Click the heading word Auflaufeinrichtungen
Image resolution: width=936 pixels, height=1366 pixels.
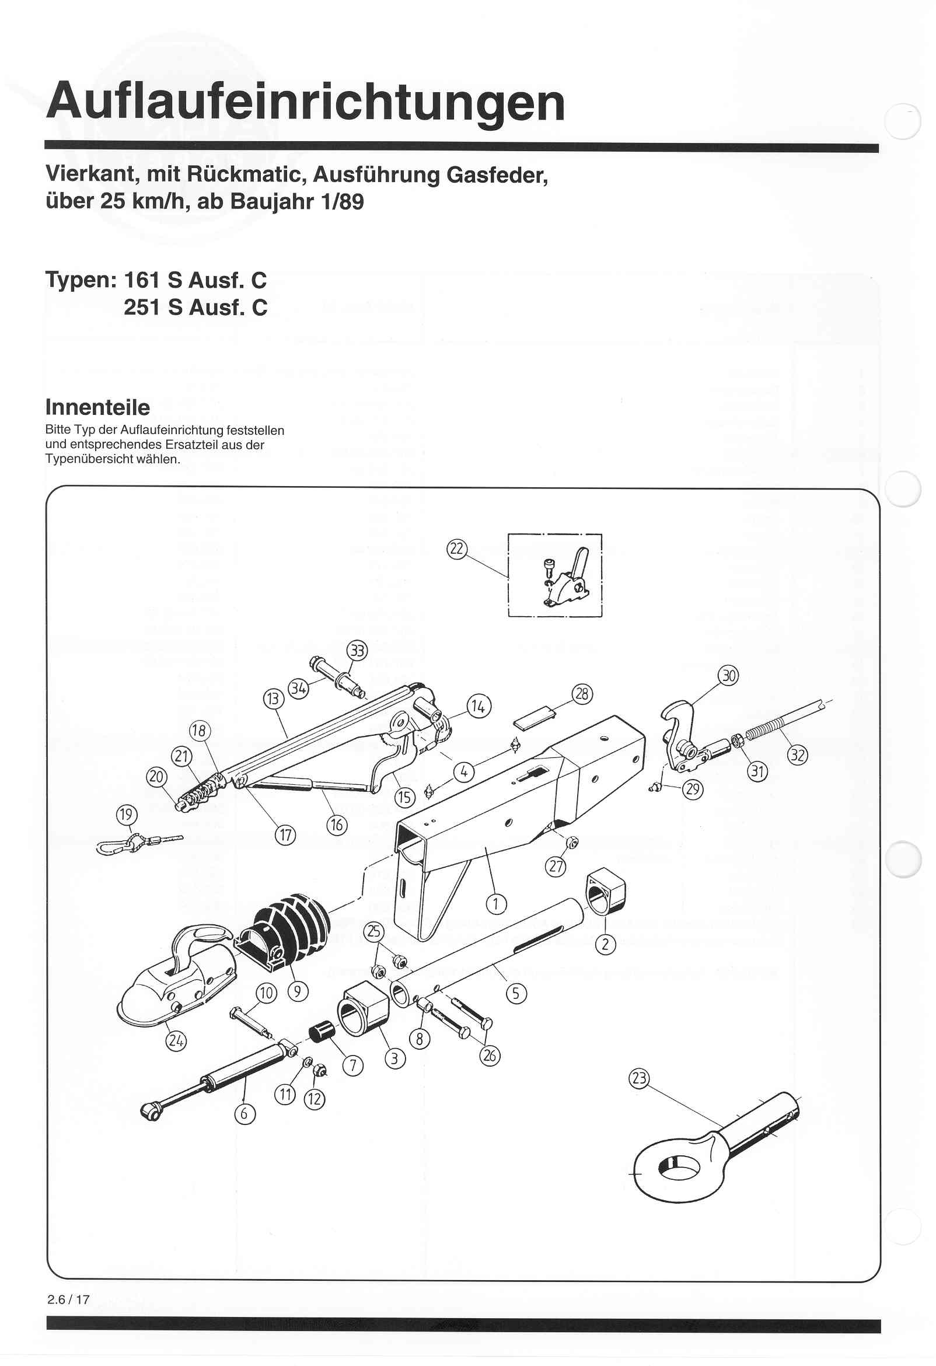[x=305, y=102]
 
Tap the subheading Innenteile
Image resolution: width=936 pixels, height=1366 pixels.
[x=97, y=407]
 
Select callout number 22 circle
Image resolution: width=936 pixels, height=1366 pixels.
[x=456, y=550]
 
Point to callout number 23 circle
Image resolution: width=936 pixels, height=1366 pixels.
[x=639, y=1078]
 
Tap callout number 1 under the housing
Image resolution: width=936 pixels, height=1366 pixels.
[x=495, y=903]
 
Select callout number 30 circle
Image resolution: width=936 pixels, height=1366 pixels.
[x=729, y=676]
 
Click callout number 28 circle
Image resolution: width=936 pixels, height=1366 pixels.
[x=582, y=694]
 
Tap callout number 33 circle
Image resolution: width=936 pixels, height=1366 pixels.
[x=357, y=651]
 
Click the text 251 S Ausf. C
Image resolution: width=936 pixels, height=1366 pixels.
[x=195, y=308]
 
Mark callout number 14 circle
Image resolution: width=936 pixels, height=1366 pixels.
[x=479, y=706]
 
